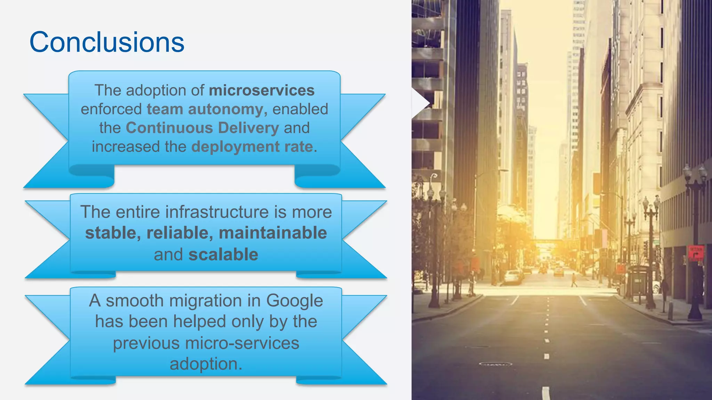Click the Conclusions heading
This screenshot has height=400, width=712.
[x=107, y=42]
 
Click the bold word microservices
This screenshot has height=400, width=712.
[x=261, y=90]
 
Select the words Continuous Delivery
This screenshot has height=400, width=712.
[x=202, y=128]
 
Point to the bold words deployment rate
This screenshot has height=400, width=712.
[x=252, y=147]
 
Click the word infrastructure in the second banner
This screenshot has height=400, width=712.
[x=193, y=212]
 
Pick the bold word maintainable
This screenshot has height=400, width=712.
[x=273, y=233]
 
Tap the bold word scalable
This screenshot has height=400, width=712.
[x=223, y=255]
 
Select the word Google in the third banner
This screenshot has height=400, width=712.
[x=294, y=301]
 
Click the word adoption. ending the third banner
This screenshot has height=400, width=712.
[x=206, y=364]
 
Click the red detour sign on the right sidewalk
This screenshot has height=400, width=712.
[x=696, y=253]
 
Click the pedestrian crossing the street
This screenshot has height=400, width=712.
[x=574, y=280]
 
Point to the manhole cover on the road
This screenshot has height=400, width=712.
[x=495, y=364]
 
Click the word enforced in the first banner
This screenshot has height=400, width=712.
[x=111, y=109]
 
